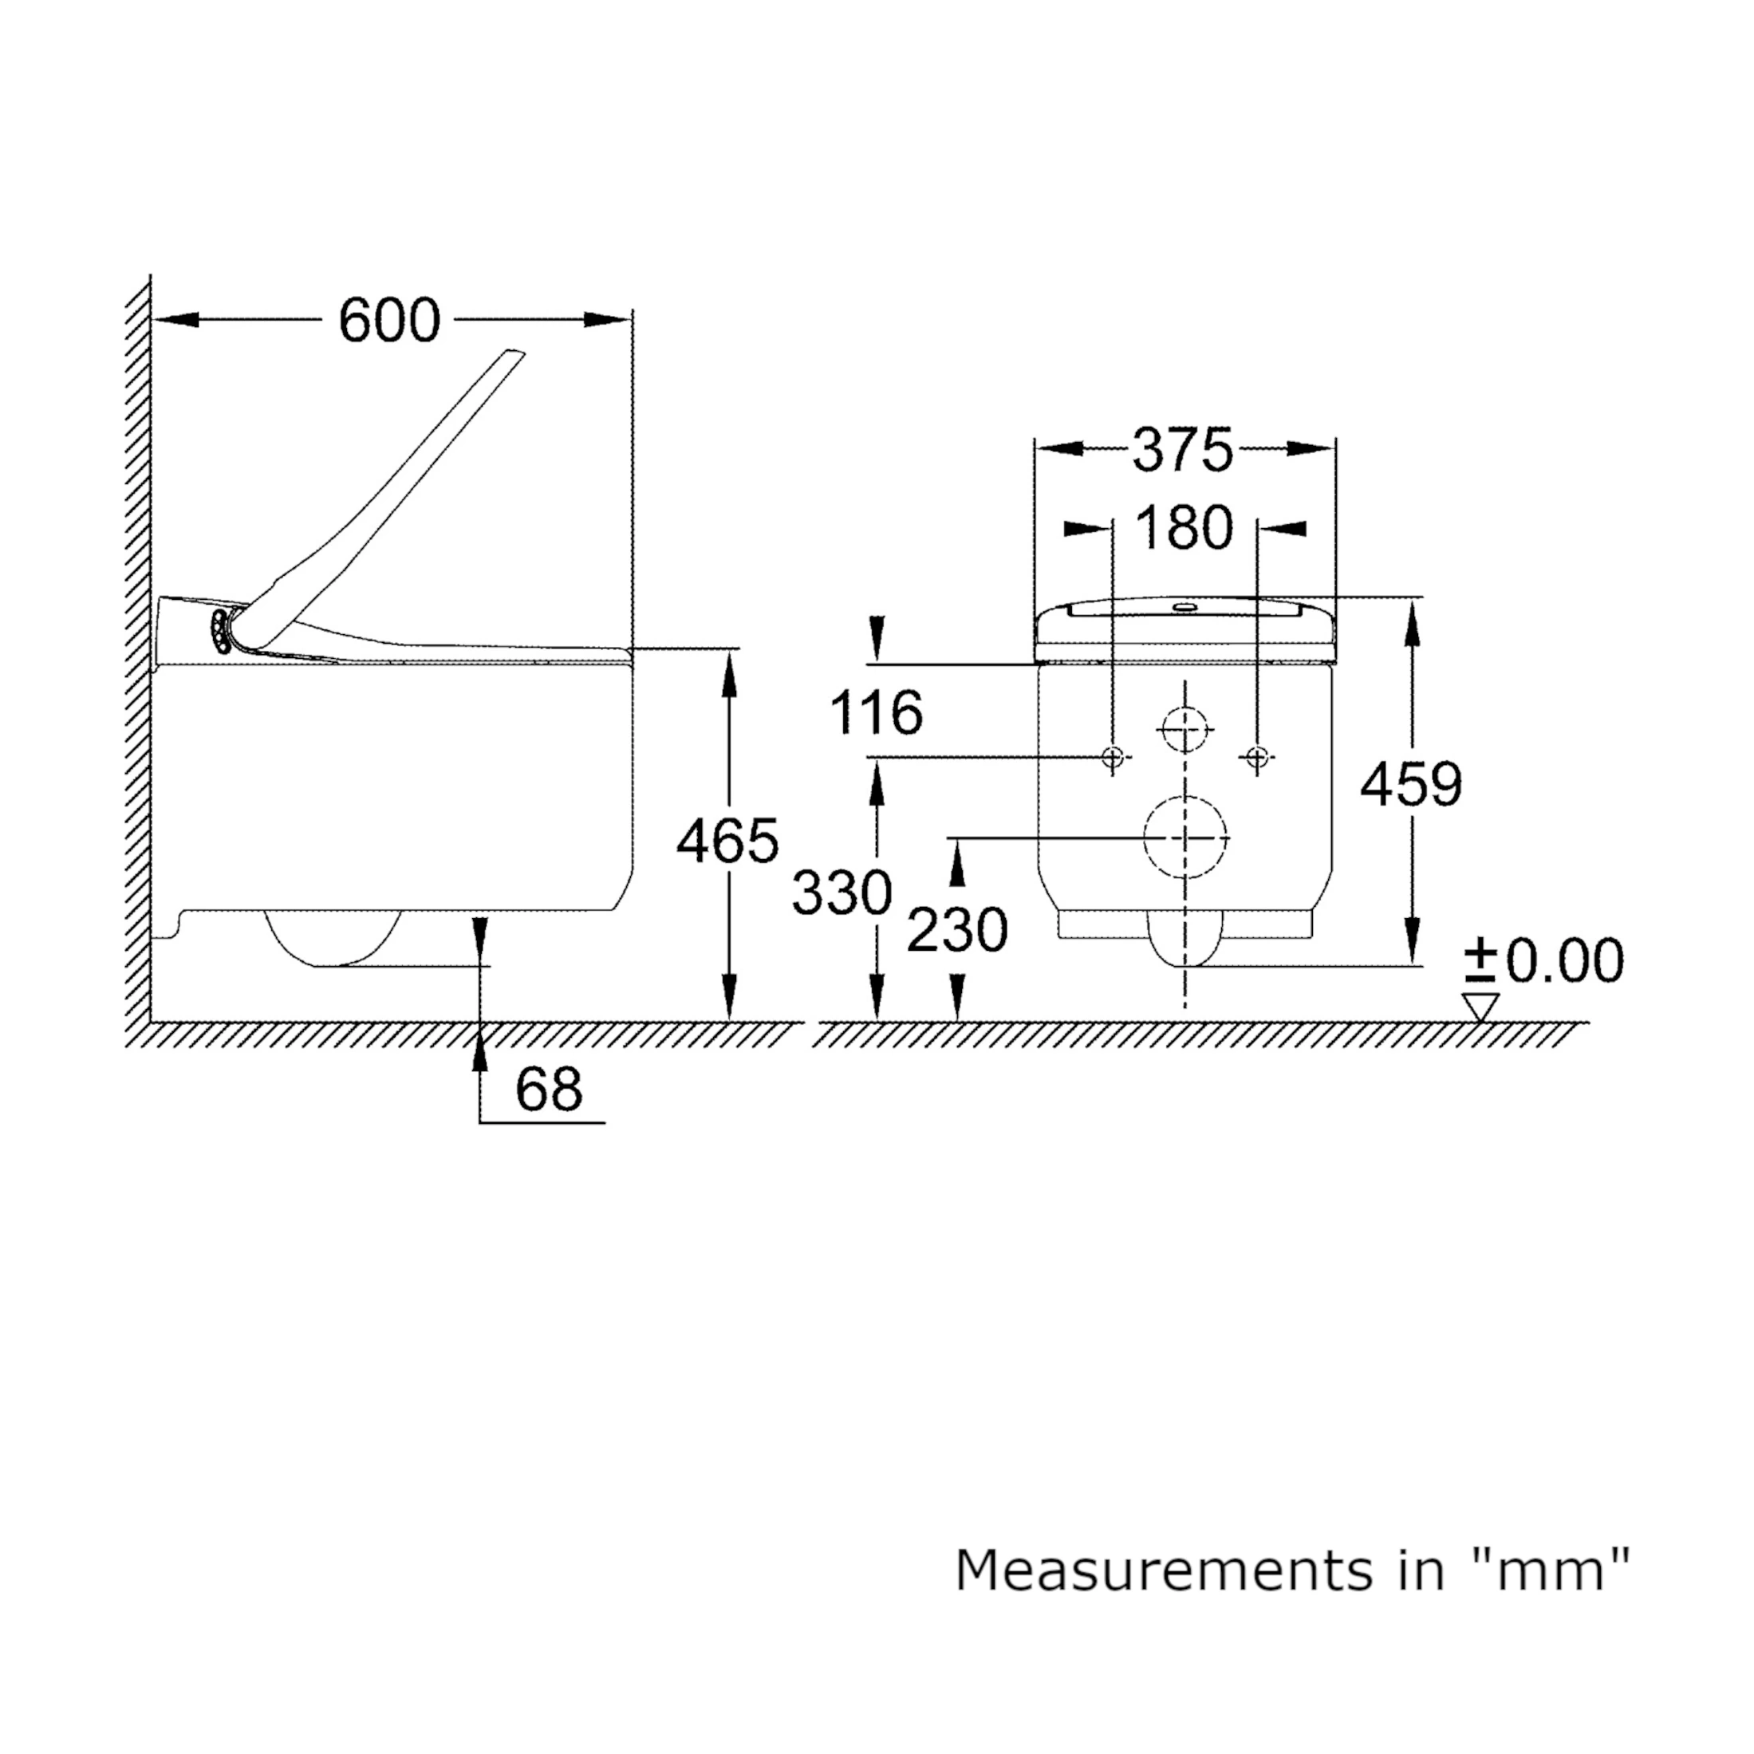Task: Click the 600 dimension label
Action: [x=389, y=321]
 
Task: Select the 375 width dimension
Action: [x=1183, y=449]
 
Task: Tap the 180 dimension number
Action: [x=1184, y=527]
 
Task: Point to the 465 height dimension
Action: [x=728, y=841]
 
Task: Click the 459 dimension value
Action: [x=1411, y=784]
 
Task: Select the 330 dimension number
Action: [x=842, y=893]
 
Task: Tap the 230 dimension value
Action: [x=957, y=931]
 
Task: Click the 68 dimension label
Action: [x=548, y=1089]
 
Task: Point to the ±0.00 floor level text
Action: [x=1544, y=960]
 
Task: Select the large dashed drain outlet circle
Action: [x=1185, y=838]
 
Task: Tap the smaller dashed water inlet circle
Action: [x=1185, y=729]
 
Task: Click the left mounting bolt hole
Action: [x=1113, y=756]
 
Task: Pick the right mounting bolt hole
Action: [x=1257, y=756]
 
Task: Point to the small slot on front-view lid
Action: [x=1184, y=605]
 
